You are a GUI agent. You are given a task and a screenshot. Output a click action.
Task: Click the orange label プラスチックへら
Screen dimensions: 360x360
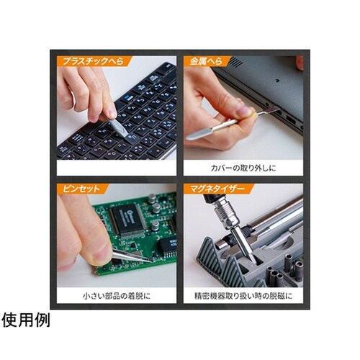[93, 61]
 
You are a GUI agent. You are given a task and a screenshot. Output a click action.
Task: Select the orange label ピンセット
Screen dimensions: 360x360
[81, 189]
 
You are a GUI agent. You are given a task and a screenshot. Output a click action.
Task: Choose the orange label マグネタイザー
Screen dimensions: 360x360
[217, 189]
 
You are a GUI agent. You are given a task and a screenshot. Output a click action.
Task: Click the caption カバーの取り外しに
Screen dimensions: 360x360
[243, 168]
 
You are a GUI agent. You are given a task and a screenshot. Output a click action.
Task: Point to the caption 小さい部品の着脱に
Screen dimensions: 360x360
[117, 296]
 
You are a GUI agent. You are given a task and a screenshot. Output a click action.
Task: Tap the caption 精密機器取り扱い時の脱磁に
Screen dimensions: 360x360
[243, 296]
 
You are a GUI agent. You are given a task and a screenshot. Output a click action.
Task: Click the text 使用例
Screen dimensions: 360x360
[25, 320]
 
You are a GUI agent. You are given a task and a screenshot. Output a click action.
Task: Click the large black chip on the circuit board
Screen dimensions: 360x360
[127, 219]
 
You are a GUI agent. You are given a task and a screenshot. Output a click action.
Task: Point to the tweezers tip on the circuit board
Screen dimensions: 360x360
[150, 261]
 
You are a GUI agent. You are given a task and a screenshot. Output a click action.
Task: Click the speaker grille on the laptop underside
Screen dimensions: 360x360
[235, 62]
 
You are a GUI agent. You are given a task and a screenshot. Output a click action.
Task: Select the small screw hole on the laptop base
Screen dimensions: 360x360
[278, 81]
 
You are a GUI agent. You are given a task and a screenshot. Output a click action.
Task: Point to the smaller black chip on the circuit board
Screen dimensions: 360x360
[168, 245]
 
